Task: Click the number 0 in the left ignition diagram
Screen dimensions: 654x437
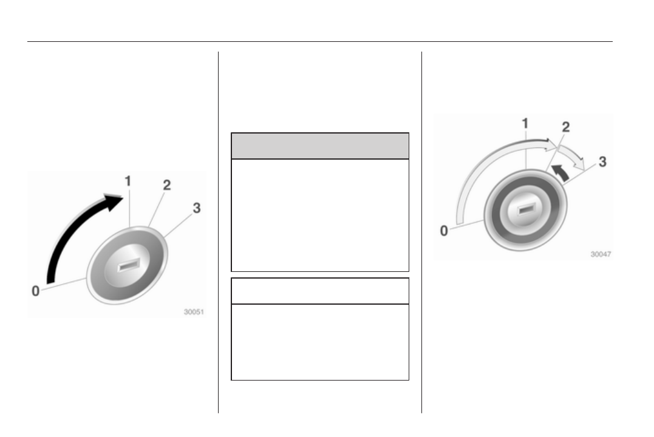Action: (x=36, y=291)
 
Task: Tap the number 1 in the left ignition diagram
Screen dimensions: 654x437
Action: (x=128, y=181)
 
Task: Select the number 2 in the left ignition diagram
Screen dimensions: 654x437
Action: (x=167, y=185)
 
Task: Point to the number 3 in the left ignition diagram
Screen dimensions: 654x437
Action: (x=197, y=208)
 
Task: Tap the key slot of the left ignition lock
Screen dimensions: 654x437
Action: (x=129, y=265)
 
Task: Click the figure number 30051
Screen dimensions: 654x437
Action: (x=194, y=312)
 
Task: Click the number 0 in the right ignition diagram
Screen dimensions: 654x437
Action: (x=445, y=231)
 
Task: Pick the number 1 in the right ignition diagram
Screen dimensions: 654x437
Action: (x=525, y=123)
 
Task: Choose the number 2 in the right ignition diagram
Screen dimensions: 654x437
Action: (x=566, y=127)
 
